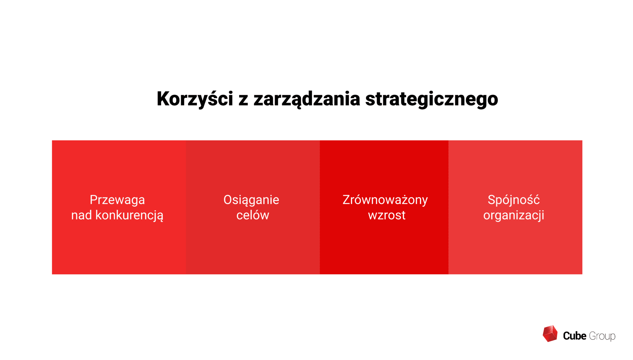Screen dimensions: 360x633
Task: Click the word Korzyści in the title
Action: (x=194, y=99)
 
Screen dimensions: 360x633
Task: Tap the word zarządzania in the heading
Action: (x=307, y=99)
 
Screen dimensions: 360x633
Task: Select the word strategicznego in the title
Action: (x=431, y=99)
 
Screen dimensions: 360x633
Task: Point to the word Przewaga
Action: (x=117, y=200)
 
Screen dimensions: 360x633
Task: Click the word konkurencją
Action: (x=129, y=215)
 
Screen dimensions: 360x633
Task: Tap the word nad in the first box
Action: (x=82, y=215)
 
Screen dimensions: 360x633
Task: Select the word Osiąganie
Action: (x=251, y=200)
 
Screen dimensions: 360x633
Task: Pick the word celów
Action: (x=253, y=215)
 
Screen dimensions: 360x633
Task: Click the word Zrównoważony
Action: (x=385, y=200)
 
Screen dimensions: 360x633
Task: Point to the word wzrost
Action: (x=386, y=215)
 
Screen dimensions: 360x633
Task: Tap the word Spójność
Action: (x=514, y=200)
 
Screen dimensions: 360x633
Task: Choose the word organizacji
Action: (x=514, y=215)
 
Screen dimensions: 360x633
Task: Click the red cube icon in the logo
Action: (x=550, y=334)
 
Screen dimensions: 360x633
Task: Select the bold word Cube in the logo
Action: (x=574, y=336)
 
